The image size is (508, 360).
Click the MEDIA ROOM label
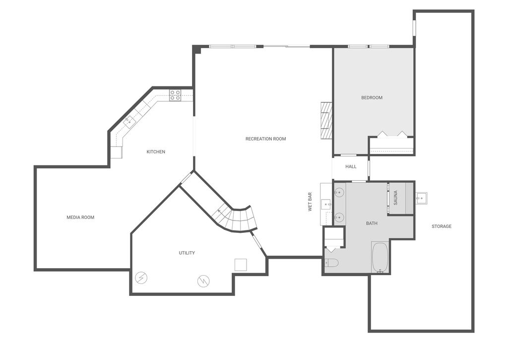click(80, 217)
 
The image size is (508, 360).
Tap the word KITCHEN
click(156, 151)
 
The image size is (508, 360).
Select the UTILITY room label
click(187, 253)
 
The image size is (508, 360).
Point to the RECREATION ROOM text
click(265, 139)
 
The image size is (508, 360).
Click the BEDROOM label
click(372, 97)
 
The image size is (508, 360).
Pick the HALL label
click(351, 166)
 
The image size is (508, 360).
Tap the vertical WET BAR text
click(310, 202)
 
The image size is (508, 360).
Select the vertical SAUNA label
click(395, 198)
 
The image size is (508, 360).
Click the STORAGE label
click(441, 226)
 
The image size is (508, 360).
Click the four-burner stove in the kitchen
click(175, 95)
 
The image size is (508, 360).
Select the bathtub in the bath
click(381, 257)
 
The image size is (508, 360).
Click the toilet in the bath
click(331, 263)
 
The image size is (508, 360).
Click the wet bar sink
click(326, 204)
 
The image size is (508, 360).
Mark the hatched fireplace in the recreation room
click(326, 121)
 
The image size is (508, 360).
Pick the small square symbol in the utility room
click(241, 265)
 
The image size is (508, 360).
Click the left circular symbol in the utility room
click(141, 278)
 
